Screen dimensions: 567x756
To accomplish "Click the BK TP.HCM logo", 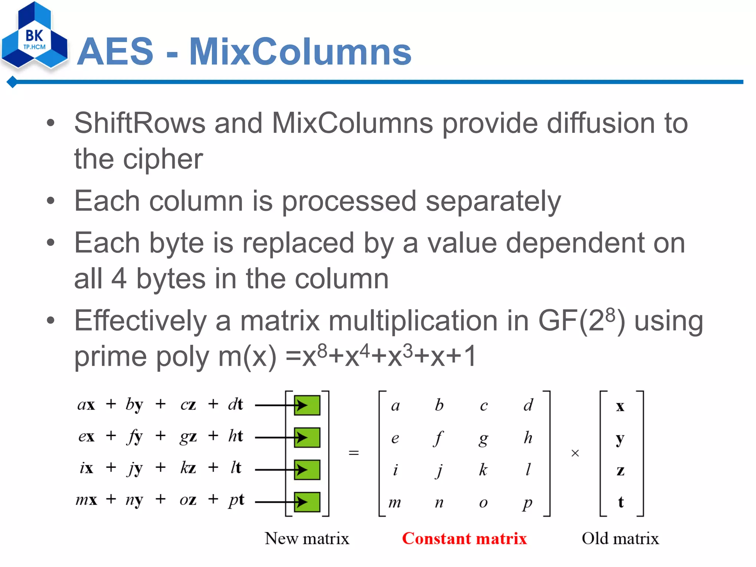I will [x=34, y=37].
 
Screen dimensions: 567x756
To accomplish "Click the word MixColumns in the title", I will [x=300, y=52].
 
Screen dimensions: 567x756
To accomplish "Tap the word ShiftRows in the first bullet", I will [x=140, y=123].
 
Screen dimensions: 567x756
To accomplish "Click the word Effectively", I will [x=140, y=320].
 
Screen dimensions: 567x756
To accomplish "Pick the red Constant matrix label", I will [x=464, y=539].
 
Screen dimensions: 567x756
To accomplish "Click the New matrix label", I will [x=307, y=539].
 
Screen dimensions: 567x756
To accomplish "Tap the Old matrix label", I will [x=620, y=539].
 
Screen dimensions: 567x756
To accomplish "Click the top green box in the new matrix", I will [x=307, y=405].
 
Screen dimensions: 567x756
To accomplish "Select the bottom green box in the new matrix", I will [x=307, y=502].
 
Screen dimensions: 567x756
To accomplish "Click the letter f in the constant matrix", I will [x=439, y=438].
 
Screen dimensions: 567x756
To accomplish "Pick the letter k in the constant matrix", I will [x=483, y=470].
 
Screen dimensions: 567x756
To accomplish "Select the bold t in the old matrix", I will [x=621, y=502].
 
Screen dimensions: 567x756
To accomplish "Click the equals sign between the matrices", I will [x=354, y=453].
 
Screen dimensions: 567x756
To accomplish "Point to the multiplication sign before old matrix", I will [x=575, y=453].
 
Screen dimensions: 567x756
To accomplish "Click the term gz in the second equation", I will [x=188, y=437].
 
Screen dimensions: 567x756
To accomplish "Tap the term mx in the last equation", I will [x=86, y=500].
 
